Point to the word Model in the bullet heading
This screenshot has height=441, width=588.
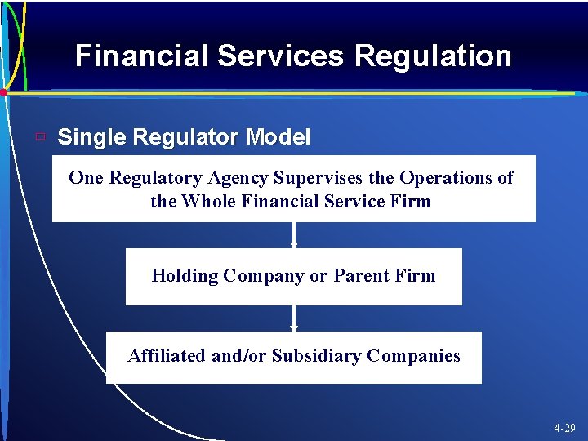pyautogui.click(x=278, y=137)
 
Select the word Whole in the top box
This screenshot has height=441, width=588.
pyautogui.click(x=209, y=201)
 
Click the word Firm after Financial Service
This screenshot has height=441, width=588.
pyautogui.click(x=411, y=201)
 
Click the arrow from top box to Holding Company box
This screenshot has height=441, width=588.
pyautogui.click(x=294, y=235)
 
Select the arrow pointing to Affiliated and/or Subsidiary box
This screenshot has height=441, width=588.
pyautogui.click(x=294, y=318)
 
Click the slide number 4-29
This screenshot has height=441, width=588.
pyautogui.click(x=564, y=428)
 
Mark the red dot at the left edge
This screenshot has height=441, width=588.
pyautogui.click(x=3, y=93)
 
